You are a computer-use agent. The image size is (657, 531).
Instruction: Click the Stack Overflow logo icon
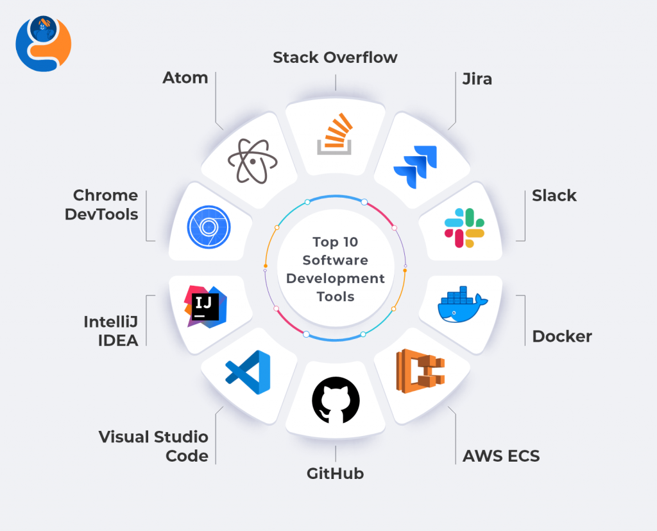(x=335, y=134)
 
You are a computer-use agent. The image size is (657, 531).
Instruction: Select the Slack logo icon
(x=465, y=228)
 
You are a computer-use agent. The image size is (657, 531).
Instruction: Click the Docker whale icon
(x=462, y=304)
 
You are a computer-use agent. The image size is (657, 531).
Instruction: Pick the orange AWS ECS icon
(x=420, y=370)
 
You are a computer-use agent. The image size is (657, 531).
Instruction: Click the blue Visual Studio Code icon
(x=248, y=372)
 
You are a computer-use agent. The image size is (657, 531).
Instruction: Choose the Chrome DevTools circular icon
(x=209, y=227)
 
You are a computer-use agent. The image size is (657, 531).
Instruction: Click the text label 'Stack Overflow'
(x=335, y=57)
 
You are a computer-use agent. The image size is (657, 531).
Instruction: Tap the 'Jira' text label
(x=477, y=78)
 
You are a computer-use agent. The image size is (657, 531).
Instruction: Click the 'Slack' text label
(x=554, y=196)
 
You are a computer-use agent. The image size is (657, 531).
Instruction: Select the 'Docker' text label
(x=562, y=336)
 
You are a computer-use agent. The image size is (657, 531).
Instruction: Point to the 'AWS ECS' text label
(x=501, y=457)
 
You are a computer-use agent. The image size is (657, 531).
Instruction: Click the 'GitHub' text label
(x=335, y=474)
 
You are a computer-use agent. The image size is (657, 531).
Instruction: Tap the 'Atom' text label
(x=185, y=78)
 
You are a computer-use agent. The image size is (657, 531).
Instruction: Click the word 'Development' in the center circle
(x=336, y=278)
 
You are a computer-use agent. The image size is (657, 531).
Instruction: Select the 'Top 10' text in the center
(x=336, y=242)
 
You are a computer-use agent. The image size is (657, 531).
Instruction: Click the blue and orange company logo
(x=43, y=43)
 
